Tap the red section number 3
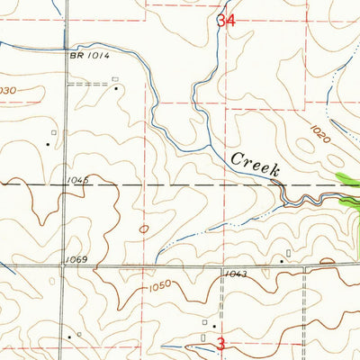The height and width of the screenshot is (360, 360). coord(220,343)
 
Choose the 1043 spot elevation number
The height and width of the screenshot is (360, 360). coord(236,274)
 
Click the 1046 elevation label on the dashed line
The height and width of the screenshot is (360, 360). coord(77,181)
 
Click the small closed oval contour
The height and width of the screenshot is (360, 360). coord(145,229)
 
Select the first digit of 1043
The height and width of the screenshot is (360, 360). coord(228,274)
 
